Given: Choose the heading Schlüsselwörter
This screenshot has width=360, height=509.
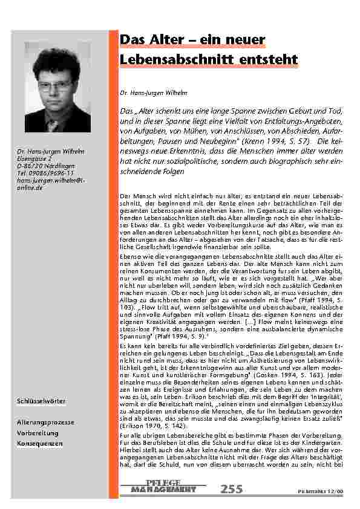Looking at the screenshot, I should tap(41, 401).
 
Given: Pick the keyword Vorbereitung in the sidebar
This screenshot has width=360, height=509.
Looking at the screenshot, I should tap(38, 432).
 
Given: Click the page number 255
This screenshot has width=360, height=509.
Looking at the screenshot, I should tap(232, 488).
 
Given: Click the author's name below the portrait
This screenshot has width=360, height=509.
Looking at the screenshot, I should tap(43, 150).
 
